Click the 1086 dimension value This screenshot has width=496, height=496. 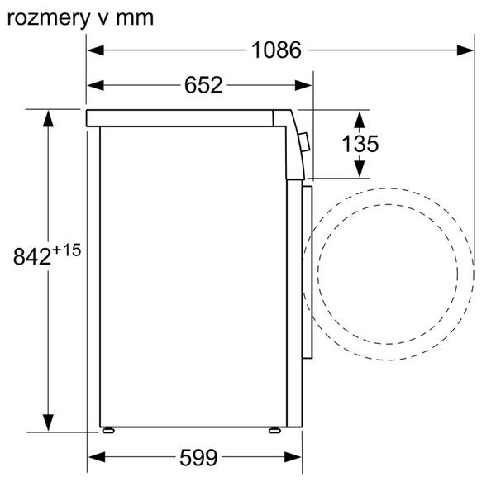point(276,50)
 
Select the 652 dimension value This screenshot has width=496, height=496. point(203,85)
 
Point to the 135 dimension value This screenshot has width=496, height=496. point(360,144)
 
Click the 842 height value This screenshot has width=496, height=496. point(32,256)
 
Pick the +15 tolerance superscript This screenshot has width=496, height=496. point(68,250)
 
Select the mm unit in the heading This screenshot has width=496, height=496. point(134,17)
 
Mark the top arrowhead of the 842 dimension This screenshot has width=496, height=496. point(50,117)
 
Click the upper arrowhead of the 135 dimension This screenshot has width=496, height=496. point(360,116)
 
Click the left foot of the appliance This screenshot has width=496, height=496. point(107,430)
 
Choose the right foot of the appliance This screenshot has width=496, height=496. point(273,430)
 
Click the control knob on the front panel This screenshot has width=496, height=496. point(306,144)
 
